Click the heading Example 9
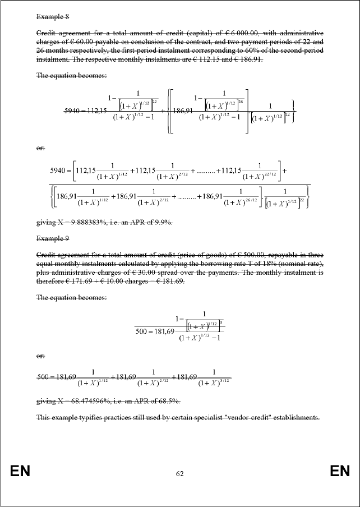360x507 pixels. pyautogui.click(x=52, y=238)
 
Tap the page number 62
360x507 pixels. pyautogui.click(x=179, y=474)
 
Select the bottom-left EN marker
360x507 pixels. pyautogui.click(x=20, y=472)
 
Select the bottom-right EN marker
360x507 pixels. pyautogui.click(x=340, y=472)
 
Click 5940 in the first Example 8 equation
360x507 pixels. pyautogui.click(x=74, y=110)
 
